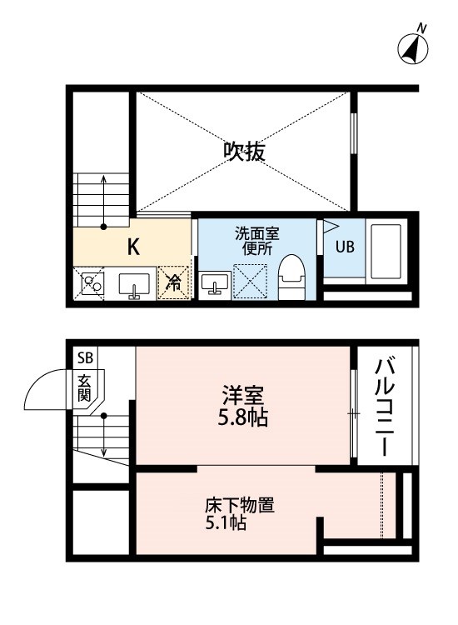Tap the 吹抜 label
coord(245,152)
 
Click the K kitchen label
coord(132,247)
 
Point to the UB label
coord(344,247)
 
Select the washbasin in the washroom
coord(215,283)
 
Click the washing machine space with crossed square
coord(249,280)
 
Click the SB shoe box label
coord(86,359)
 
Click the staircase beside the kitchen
coord(102,199)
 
